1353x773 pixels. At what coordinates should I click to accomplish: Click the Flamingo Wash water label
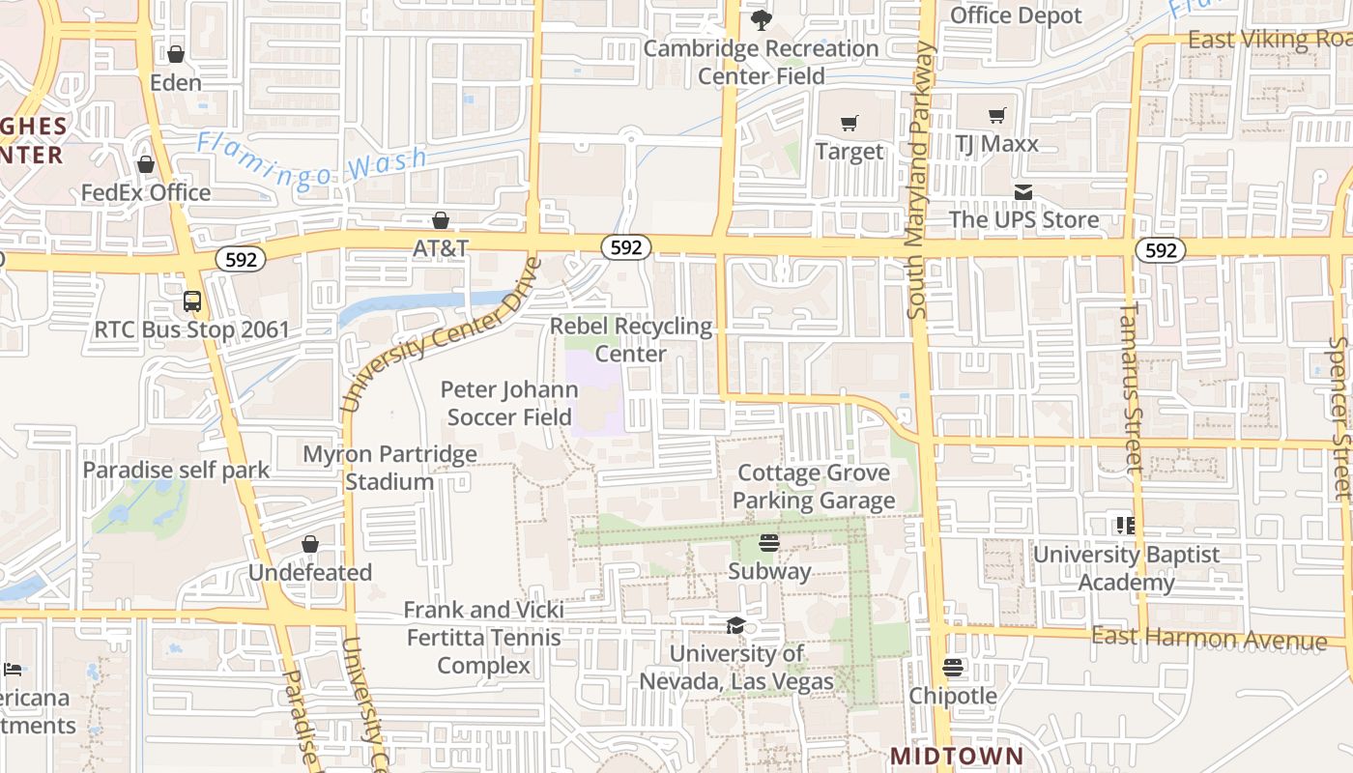pyautogui.click(x=312, y=161)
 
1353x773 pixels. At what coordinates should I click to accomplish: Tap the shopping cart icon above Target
pyautogui.click(x=849, y=124)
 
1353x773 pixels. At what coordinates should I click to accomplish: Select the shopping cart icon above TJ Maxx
pyautogui.click(x=996, y=116)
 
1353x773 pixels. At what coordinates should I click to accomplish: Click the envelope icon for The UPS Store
pyautogui.click(x=1023, y=192)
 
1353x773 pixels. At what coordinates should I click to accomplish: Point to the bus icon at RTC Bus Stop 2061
pyautogui.click(x=192, y=301)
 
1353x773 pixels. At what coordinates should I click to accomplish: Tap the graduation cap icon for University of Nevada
pyautogui.click(x=735, y=625)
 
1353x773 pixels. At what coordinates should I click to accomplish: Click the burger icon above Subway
pyautogui.click(x=769, y=542)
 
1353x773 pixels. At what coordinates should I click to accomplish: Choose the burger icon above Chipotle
pyautogui.click(x=953, y=667)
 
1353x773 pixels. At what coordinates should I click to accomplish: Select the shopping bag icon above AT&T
pyautogui.click(x=441, y=220)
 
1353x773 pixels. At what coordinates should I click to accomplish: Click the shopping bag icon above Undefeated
pyautogui.click(x=310, y=544)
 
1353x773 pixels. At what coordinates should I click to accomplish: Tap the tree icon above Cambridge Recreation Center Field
pyautogui.click(x=762, y=19)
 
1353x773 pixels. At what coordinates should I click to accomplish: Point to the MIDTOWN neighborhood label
pyautogui.click(x=956, y=756)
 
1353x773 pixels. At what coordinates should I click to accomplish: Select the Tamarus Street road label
pyautogui.click(x=1131, y=386)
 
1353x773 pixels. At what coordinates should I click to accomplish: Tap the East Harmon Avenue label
pyautogui.click(x=1209, y=638)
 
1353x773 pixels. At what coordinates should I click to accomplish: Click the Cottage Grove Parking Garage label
pyautogui.click(x=814, y=487)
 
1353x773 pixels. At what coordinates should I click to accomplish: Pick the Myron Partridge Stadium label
pyautogui.click(x=390, y=468)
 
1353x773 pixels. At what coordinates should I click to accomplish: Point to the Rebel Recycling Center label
pyautogui.click(x=631, y=340)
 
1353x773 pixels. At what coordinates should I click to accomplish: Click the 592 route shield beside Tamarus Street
pyautogui.click(x=1160, y=250)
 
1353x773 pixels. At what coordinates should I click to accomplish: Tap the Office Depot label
pyautogui.click(x=1016, y=15)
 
